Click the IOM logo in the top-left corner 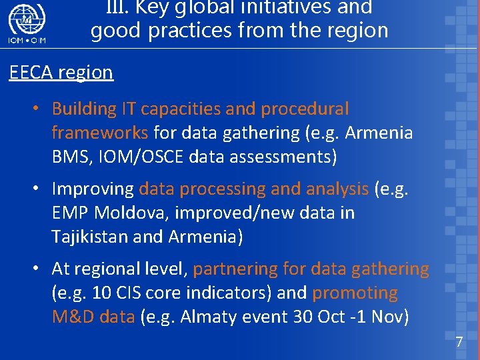tap(27, 25)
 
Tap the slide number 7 tap(459, 343)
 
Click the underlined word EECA tap(31, 73)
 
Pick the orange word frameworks tap(100, 133)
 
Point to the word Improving tap(93, 189)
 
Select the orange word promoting tap(355, 293)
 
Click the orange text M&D tap(73, 317)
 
